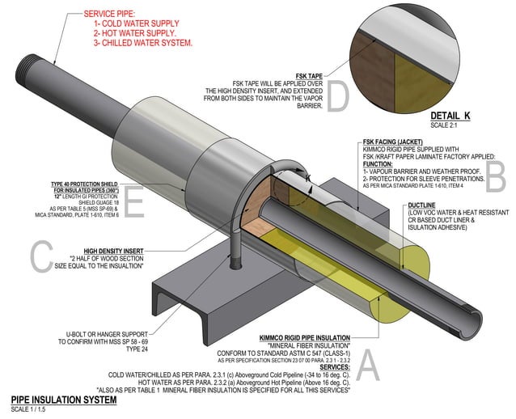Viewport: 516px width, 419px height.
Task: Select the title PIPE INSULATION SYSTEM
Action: coord(58,399)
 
